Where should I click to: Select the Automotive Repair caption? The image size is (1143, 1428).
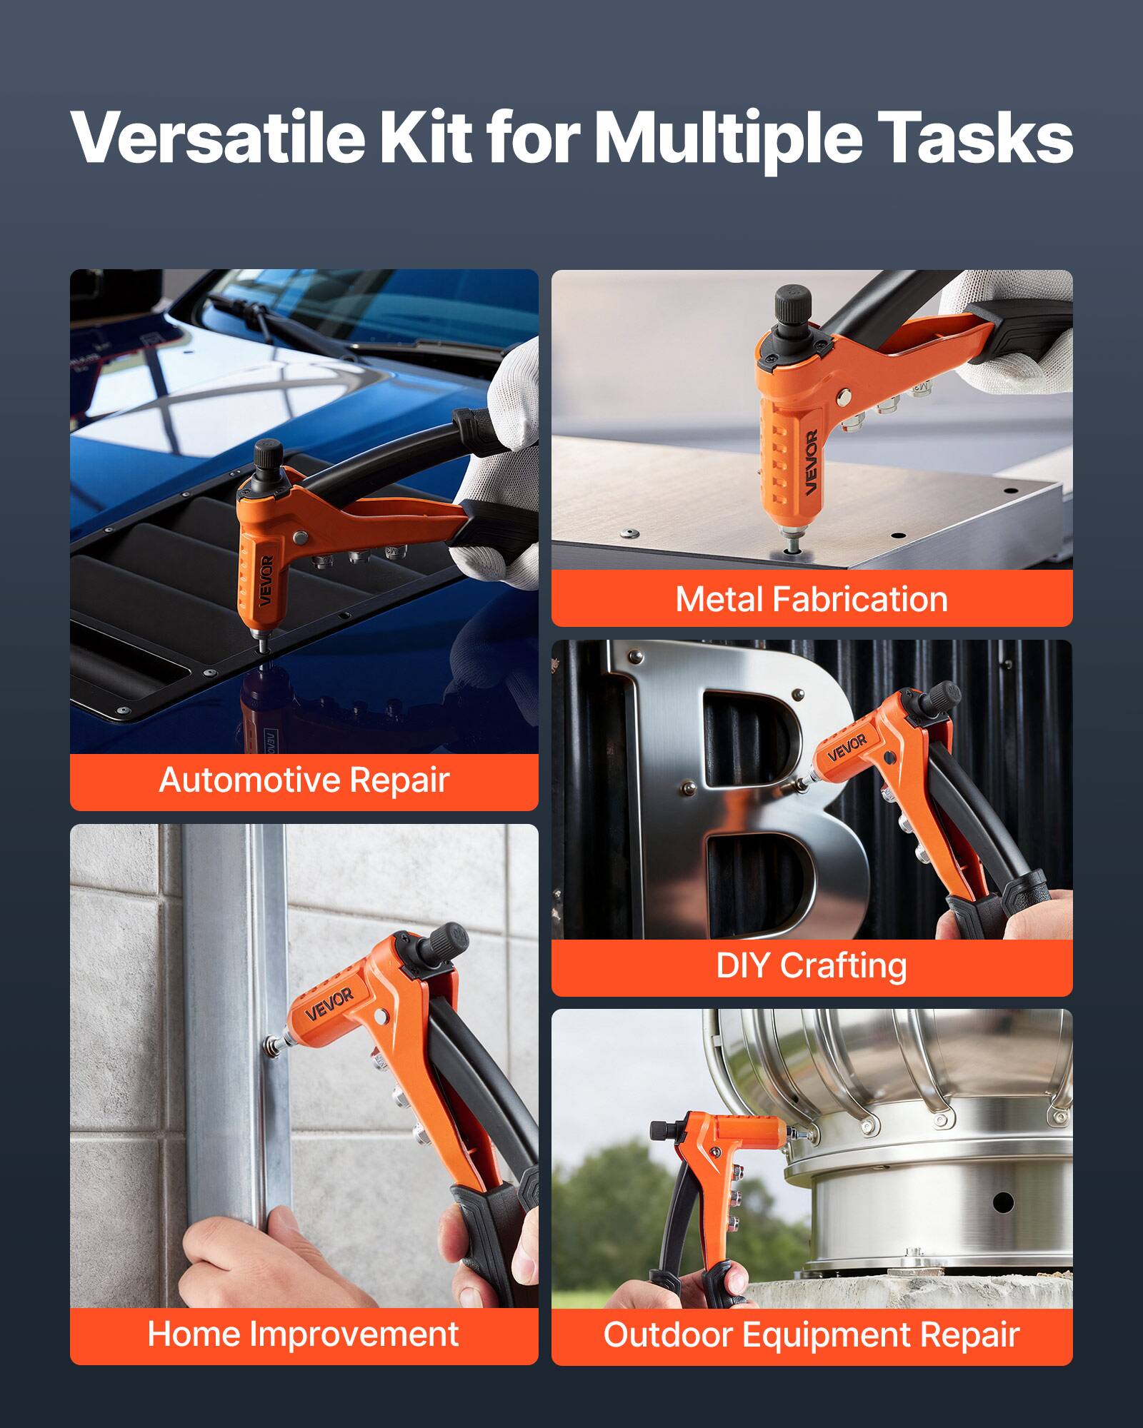[304, 780]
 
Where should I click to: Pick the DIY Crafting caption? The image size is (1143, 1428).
[812, 966]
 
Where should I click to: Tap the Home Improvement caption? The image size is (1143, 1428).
[304, 1334]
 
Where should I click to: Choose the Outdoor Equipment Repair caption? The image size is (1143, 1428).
[812, 1334]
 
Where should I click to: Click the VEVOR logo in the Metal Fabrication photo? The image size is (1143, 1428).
[810, 462]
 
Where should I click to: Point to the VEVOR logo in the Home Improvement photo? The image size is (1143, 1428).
[329, 1003]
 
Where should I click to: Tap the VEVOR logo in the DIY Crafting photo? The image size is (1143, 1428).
[847, 746]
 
